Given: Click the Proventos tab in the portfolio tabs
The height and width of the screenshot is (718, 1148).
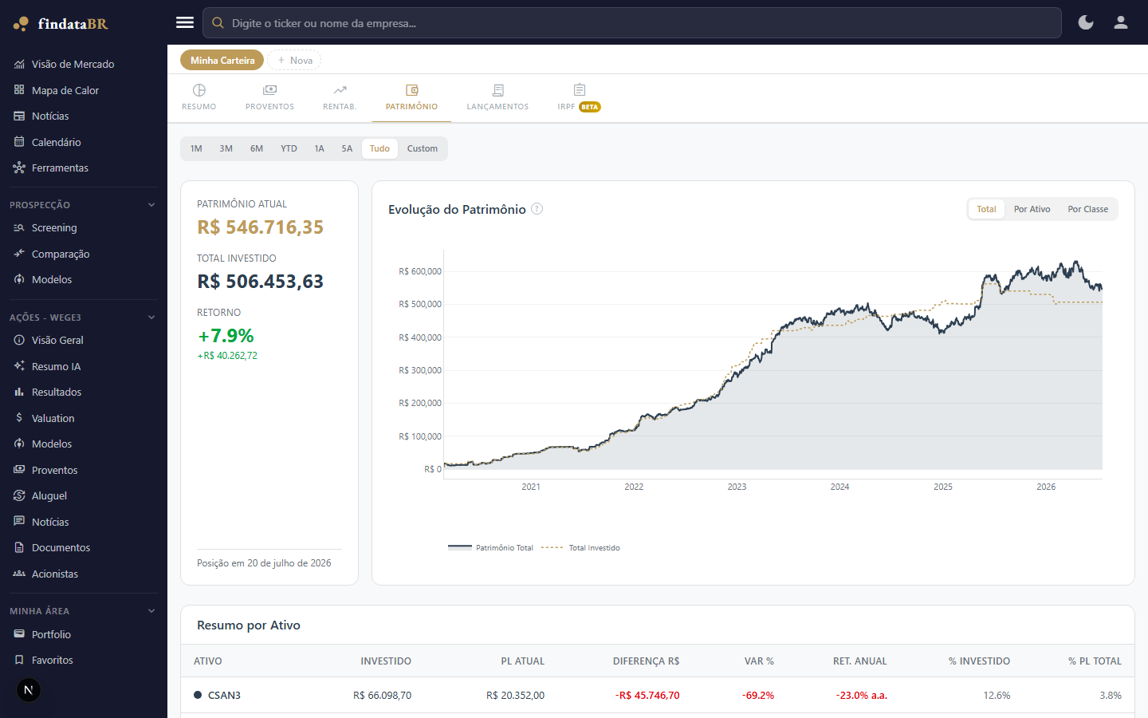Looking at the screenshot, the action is pos(269,97).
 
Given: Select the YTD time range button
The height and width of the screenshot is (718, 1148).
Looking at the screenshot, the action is pos(289,148).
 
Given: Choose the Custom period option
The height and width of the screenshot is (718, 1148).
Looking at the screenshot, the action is pos(422,148).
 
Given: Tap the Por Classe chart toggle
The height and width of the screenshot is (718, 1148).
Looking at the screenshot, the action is pos(1087,209).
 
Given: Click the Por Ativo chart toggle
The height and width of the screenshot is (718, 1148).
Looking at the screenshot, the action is pos(1032,209).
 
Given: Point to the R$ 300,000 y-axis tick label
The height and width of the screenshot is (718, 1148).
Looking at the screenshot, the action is pos(419,370).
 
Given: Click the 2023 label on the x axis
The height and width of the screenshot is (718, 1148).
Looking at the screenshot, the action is pos(737,487).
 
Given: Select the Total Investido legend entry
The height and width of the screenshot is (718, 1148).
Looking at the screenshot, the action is pos(580,548).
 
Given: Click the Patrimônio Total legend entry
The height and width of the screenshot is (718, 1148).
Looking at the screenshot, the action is pos(490,548).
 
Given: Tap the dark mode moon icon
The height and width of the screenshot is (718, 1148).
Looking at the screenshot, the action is pos(1086,23).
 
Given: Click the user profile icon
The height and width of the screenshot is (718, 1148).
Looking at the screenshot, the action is pos(1121,23).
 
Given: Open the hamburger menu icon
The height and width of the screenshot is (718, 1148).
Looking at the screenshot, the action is pos(184,22).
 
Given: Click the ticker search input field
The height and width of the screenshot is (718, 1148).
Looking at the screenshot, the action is pos(631,23).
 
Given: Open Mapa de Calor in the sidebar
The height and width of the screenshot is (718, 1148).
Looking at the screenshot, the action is pos(65,90).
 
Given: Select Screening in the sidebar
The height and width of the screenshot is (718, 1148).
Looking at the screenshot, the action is pos(54,227).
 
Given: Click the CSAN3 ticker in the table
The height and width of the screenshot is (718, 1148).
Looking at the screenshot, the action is pos(224,696).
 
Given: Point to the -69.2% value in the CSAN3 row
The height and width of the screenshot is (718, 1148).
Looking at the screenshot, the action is pos(757,696).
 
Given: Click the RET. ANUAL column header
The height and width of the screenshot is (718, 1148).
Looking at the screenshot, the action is pos(859,661).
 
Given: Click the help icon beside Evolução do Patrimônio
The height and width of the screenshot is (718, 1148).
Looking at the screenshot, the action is pos(537,209).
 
